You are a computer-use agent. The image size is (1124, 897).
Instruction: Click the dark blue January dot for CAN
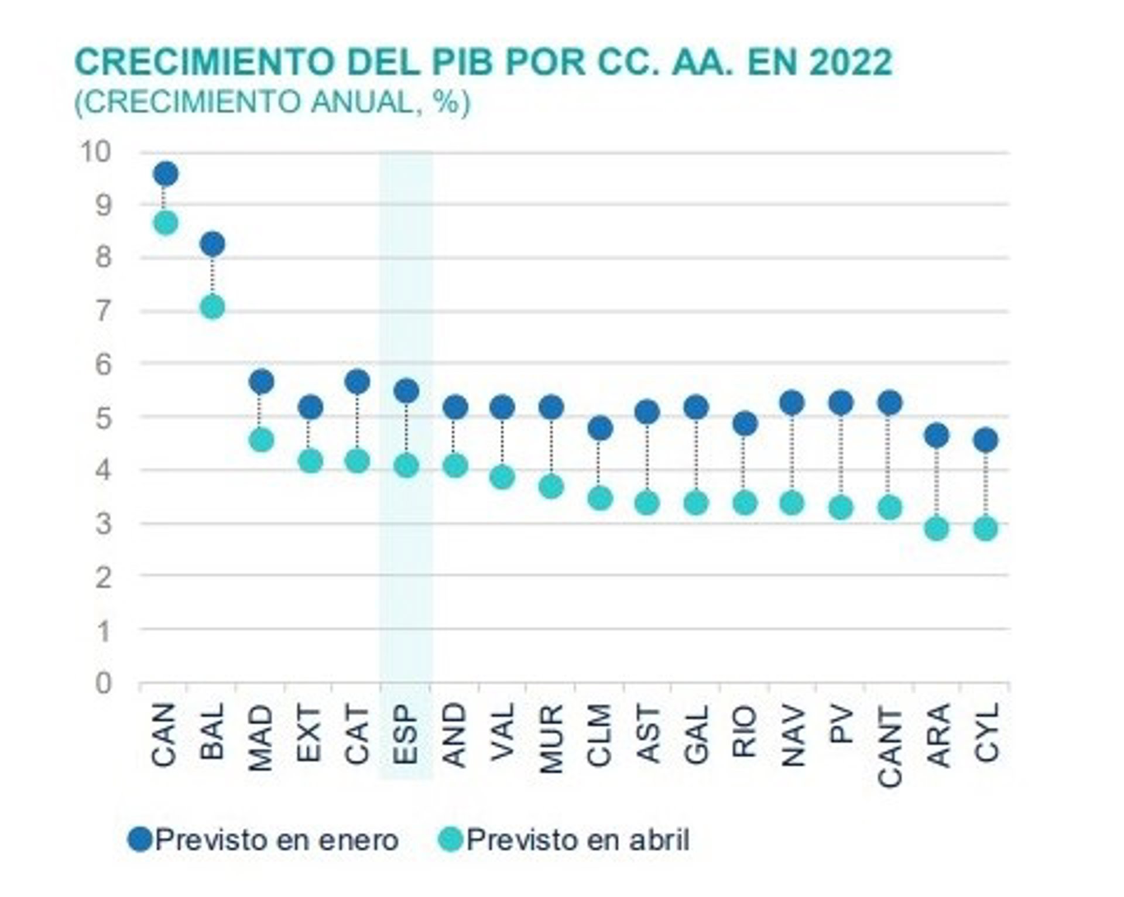coord(165,174)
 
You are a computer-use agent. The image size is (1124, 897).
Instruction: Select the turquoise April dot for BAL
coord(213,307)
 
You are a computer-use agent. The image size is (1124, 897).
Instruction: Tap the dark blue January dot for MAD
coord(261,382)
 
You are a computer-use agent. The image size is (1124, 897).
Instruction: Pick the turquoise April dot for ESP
coord(406,466)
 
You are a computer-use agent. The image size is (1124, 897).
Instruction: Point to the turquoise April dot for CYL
coord(986,529)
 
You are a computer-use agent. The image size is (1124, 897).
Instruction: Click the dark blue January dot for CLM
coord(599,429)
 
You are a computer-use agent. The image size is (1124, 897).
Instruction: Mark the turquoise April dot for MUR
coord(551,487)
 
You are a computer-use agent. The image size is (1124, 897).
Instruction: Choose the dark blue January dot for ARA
coord(937,435)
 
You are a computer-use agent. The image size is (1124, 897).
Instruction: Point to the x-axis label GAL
coord(696,735)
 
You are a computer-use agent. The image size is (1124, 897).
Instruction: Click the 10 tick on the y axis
coord(95,152)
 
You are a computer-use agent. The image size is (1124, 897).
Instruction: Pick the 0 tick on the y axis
coord(103,683)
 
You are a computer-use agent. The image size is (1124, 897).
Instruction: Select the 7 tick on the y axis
coord(103,311)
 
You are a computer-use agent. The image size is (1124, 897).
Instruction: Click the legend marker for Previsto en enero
coord(140,840)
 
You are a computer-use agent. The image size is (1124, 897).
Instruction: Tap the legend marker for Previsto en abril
coord(451,840)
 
